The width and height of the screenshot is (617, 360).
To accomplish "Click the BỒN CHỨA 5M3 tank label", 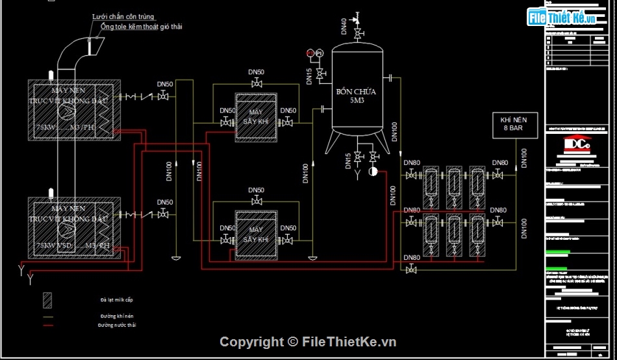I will pyautogui.click(x=355, y=96).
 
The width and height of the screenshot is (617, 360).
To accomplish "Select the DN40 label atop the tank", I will pyautogui.click(x=344, y=27).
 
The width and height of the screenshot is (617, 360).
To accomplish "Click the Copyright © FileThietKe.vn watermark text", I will pyautogui.click(x=307, y=342).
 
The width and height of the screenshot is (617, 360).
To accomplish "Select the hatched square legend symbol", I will pyautogui.click(x=47, y=300).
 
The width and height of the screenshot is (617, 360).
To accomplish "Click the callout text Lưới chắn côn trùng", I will pyautogui.click(x=127, y=16).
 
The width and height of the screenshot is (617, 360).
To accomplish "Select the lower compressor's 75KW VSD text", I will pyautogui.click(x=52, y=246).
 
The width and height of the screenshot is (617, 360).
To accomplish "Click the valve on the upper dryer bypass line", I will pyautogui.click(x=257, y=83).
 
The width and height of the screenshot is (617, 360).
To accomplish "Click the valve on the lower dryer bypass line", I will pyautogui.click(x=257, y=201).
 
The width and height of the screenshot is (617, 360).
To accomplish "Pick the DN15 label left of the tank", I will pyautogui.click(x=309, y=76).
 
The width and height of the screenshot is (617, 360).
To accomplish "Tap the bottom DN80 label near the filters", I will pyautogui.click(x=412, y=258).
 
